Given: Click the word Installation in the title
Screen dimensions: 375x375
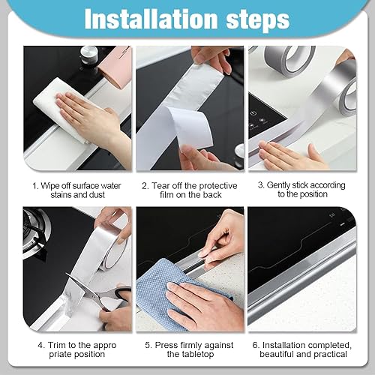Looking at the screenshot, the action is coord(151,19).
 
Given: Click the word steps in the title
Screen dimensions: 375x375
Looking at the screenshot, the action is coord(258,21).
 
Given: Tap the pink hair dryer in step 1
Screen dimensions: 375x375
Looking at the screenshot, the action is coord(115,67).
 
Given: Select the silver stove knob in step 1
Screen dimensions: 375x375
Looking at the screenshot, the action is coord(89,55).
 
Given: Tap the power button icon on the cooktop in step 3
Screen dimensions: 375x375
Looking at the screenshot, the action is coord(253,114).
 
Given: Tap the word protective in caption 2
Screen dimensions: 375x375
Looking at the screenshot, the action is coord(218,186).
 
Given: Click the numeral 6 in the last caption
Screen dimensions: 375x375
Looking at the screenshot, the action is coord(255,346).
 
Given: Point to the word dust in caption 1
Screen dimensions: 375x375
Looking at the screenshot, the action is coord(96,195).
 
